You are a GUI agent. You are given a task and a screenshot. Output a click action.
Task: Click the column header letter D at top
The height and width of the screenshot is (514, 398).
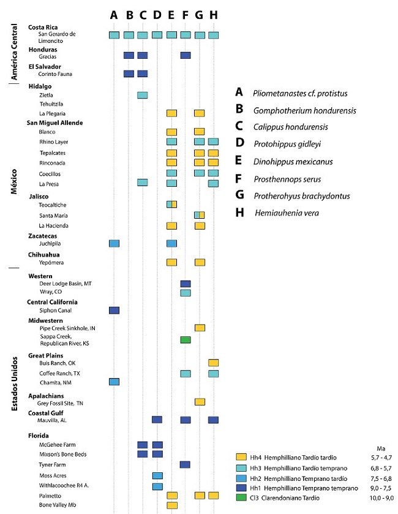[x=157, y=15]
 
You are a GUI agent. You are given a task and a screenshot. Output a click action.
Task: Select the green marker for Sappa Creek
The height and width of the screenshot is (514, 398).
[x=186, y=339]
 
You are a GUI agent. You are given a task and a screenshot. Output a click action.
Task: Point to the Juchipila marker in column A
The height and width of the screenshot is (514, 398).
[x=114, y=243]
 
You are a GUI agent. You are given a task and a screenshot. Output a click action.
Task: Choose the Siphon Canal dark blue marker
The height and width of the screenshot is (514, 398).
[x=114, y=311]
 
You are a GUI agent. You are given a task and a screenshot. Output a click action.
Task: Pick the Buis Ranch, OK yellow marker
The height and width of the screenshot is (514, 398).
[x=213, y=363]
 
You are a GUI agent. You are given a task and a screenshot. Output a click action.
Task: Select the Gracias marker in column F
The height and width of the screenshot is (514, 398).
[x=186, y=55]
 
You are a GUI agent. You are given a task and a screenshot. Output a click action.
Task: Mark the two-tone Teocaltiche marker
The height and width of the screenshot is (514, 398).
[x=171, y=204]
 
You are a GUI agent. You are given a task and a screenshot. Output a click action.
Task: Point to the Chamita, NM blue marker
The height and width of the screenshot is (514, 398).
[x=114, y=382]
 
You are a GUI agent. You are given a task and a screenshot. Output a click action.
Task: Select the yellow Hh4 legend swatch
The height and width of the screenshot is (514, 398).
[x=241, y=457]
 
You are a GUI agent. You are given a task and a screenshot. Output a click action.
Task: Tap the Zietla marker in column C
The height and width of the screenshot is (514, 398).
[x=142, y=95]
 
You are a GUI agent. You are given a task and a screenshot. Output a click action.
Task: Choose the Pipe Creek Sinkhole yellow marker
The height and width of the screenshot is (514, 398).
[x=200, y=328]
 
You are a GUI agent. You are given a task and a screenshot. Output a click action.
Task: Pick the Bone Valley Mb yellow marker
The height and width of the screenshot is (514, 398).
[x=171, y=505]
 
